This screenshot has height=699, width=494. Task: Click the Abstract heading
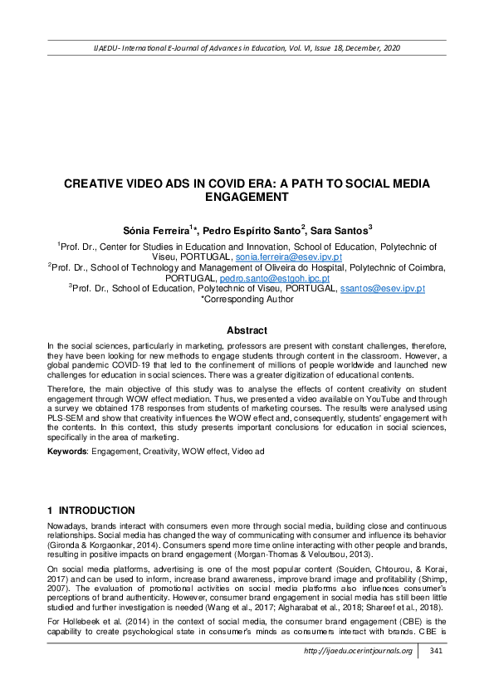tap(247, 330)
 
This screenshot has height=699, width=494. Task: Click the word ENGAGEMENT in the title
tap(247, 197)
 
